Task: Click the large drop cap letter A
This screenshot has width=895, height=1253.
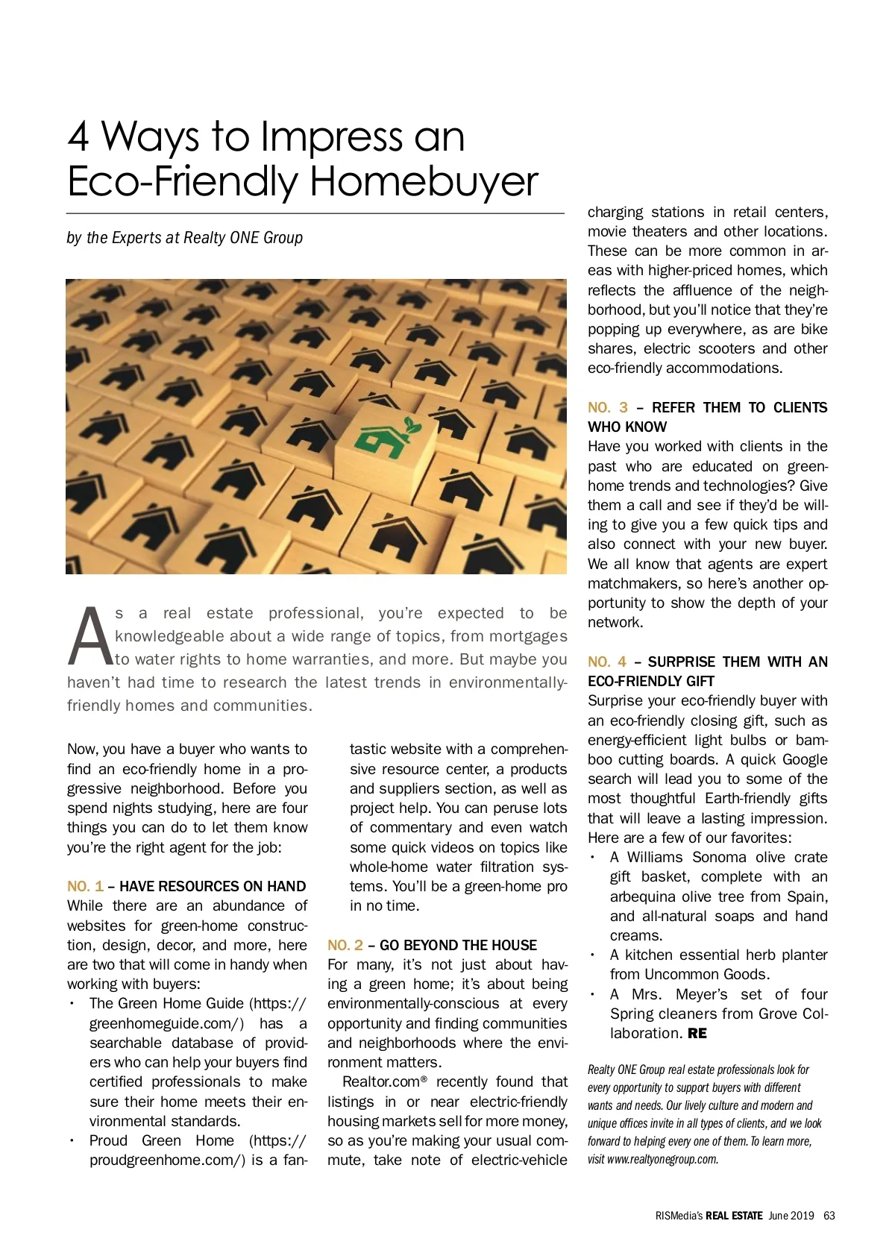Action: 90,637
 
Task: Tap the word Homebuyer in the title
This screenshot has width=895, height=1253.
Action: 424,181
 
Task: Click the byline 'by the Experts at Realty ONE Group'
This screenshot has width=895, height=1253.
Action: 185,238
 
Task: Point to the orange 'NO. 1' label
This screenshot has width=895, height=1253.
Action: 85,886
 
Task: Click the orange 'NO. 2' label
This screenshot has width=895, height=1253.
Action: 345,945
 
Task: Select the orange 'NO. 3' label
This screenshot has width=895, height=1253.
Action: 607,407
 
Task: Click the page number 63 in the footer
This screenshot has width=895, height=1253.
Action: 829,1215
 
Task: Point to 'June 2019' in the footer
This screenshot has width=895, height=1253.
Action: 791,1215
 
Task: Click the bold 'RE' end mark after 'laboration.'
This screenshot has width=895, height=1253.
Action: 697,1034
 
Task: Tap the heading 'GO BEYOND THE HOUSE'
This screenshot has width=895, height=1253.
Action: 458,945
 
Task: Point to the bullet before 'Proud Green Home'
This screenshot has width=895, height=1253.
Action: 72,1140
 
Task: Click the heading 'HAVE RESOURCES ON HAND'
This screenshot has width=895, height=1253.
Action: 213,886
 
